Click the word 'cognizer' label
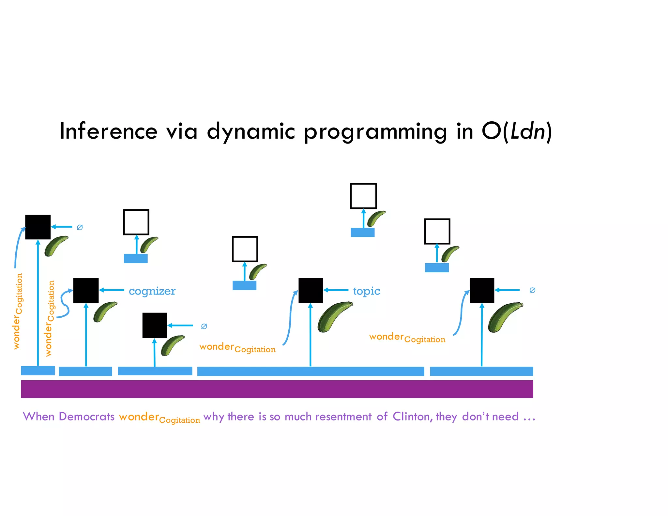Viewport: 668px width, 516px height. coord(152,291)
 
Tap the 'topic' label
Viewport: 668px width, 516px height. coord(366,291)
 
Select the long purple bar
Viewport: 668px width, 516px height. coord(277,389)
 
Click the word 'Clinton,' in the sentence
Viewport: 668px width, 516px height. coord(413,417)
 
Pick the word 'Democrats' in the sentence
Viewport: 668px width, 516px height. coord(86,417)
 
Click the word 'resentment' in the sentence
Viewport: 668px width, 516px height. coord(343,417)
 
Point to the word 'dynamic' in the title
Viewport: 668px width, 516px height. coord(251,131)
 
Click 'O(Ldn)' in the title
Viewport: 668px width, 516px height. coord(517,131)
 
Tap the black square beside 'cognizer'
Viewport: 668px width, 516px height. coord(86,290)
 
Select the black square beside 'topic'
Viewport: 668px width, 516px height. coord(311,290)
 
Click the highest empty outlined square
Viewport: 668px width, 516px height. coord(363,196)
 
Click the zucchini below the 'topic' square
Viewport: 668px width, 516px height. coord(335,316)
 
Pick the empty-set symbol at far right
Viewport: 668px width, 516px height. coord(532,290)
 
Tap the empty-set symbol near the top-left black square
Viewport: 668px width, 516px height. coord(80,227)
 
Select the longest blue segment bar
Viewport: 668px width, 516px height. coord(311,371)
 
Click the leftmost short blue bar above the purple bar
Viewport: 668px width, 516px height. coord(38,371)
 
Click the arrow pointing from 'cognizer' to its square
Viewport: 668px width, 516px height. coord(112,290)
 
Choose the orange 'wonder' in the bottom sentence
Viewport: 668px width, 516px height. coord(139,417)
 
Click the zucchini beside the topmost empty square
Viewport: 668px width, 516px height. coord(376,218)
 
